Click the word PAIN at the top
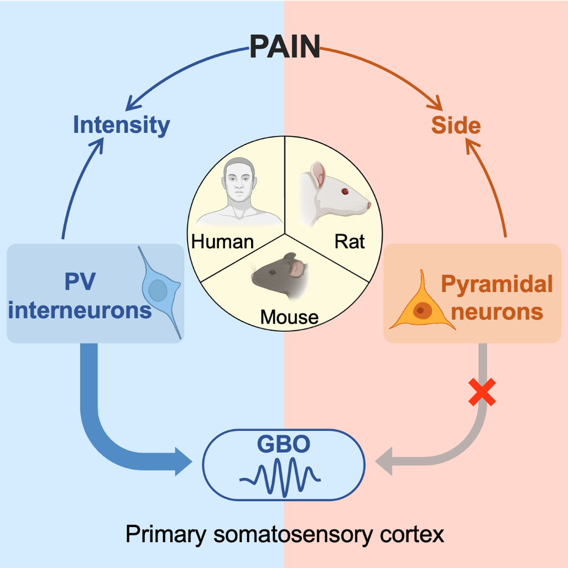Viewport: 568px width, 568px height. coord(284,46)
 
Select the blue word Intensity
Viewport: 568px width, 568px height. coord(121,126)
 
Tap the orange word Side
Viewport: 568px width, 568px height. coord(456,126)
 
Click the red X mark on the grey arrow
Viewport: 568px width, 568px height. coord(482,393)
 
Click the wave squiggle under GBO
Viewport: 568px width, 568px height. coord(280,476)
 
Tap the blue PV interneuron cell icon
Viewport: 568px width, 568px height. coord(159,290)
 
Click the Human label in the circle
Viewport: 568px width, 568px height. coord(222,242)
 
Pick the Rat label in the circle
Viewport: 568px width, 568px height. coord(350,242)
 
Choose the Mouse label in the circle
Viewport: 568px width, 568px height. coord(289,317)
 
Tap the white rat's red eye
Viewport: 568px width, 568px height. coord(345,191)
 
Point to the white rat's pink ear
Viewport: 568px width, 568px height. coord(318,176)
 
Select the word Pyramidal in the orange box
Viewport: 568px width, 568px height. coord(497,284)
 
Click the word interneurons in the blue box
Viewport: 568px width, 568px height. coord(80,310)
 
